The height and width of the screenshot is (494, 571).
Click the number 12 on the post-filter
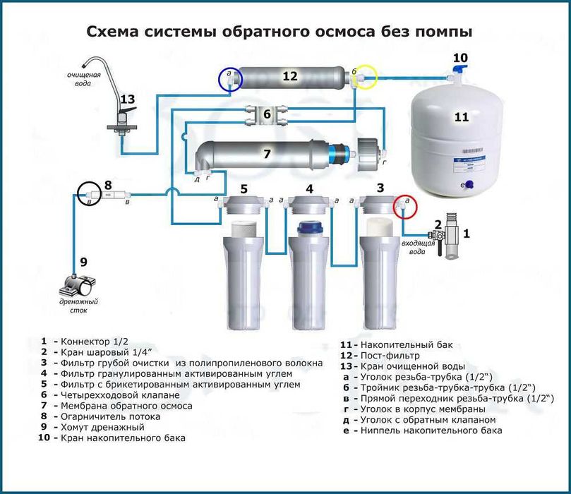[290, 76]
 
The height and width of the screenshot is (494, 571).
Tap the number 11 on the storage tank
[461, 117]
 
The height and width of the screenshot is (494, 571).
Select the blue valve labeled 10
[457, 70]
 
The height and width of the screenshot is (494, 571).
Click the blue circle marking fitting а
[230, 80]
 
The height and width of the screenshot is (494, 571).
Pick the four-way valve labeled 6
[266, 113]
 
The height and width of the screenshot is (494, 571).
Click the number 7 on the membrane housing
[266, 153]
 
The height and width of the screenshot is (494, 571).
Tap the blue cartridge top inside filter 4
[307, 228]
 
